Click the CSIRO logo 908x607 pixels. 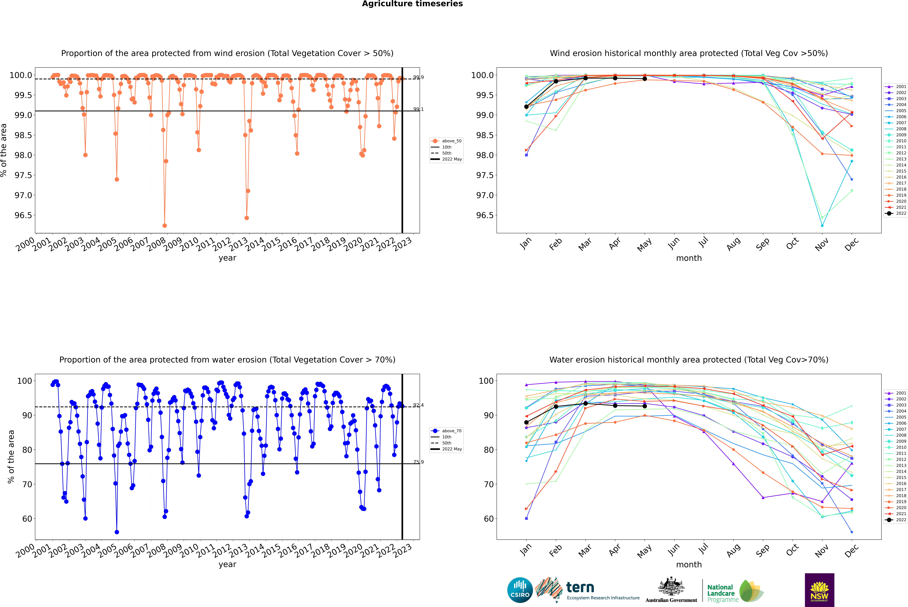(520, 590)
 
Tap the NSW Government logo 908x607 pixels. (819, 590)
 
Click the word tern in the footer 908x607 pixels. (580, 587)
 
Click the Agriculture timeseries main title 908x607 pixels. (412, 4)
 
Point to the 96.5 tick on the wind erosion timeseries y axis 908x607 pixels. (23, 215)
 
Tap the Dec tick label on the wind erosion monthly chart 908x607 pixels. (852, 244)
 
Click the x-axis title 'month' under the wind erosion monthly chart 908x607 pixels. (689, 258)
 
